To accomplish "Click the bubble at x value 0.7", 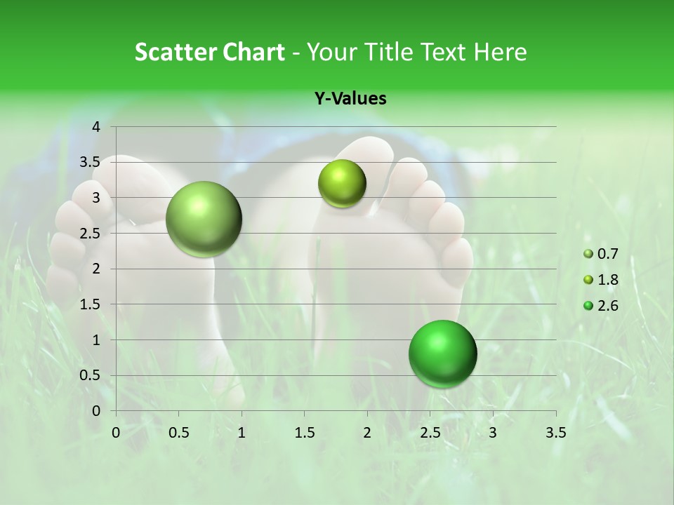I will pyautogui.click(x=204, y=219).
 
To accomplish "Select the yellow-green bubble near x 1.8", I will pyautogui.click(x=342, y=184).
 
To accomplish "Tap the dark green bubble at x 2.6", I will pyautogui.click(x=442, y=353).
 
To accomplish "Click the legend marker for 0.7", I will pyautogui.click(x=588, y=254).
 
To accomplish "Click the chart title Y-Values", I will pyautogui.click(x=350, y=98).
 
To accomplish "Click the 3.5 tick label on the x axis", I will pyautogui.click(x=556, y=432).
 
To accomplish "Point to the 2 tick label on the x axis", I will pyautogui.click(x=367, y=432).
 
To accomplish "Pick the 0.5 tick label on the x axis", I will pyautogui.click(x=178, y=432).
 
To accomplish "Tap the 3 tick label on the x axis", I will pyautogui.click(x=493, y=432).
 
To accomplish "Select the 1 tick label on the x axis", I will pyautogui.click(x=242, y=432).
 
